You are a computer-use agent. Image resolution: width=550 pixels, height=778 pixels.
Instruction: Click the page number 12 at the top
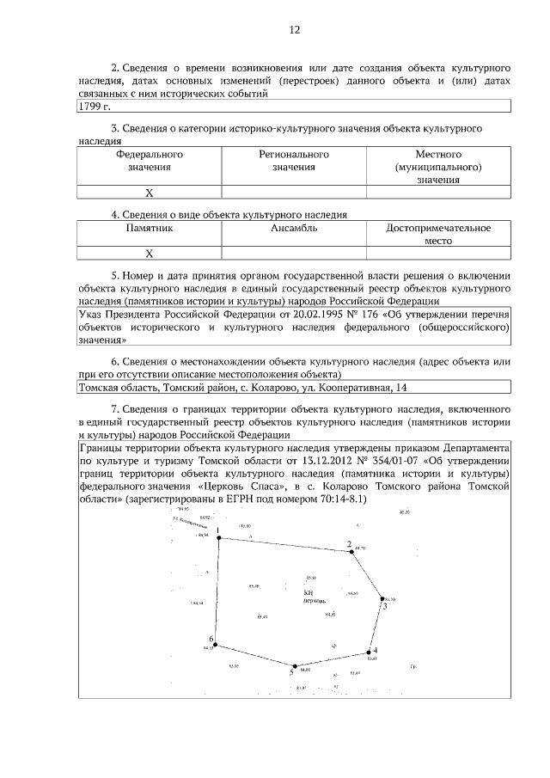click(x=294, y=29)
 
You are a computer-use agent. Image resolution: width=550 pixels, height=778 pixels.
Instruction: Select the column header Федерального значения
click(x=150, y=160)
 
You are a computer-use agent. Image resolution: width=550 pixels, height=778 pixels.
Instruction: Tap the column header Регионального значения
click(x=294, y=160)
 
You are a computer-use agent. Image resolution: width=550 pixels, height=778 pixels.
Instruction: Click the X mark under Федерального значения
click(x=150, y=193)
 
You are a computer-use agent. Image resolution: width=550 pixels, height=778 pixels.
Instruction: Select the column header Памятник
click(x=150, y=229)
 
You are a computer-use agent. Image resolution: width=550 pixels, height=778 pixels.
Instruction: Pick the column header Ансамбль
click(x=294, y=229)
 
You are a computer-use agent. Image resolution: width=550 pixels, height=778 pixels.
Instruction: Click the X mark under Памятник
click(x=150, y=254)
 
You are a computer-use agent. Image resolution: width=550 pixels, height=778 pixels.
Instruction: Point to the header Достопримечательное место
click(x=438, y=235)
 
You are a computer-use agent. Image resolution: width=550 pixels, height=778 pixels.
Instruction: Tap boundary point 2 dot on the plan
click(x=352, y=552)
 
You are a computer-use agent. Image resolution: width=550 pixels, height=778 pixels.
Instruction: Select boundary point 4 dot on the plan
click(x=370, y=652)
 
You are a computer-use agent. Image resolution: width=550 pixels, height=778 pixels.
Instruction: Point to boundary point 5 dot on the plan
click(x=295, y=666)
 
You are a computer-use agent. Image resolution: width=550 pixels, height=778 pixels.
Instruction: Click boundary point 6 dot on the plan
click(x=216, y=646)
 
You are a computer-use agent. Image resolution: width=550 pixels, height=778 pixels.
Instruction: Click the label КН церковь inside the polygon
click(x=315, y=597)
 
